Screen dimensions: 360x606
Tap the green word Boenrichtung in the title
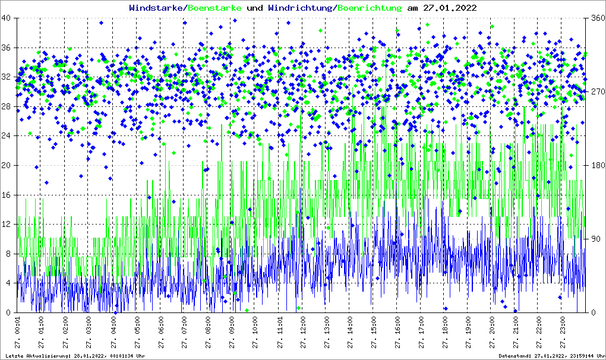point(370,8)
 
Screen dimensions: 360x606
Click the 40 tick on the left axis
point(8,18)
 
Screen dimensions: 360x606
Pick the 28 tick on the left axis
point(8,106)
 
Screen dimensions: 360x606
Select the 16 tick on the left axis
point(8,195)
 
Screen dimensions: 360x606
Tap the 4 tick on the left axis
point(10,283)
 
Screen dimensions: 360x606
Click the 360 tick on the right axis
point(595,18)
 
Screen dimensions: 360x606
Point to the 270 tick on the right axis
point(595,92)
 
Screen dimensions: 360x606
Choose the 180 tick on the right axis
point(595,166)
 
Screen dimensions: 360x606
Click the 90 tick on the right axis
point(594,239)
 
